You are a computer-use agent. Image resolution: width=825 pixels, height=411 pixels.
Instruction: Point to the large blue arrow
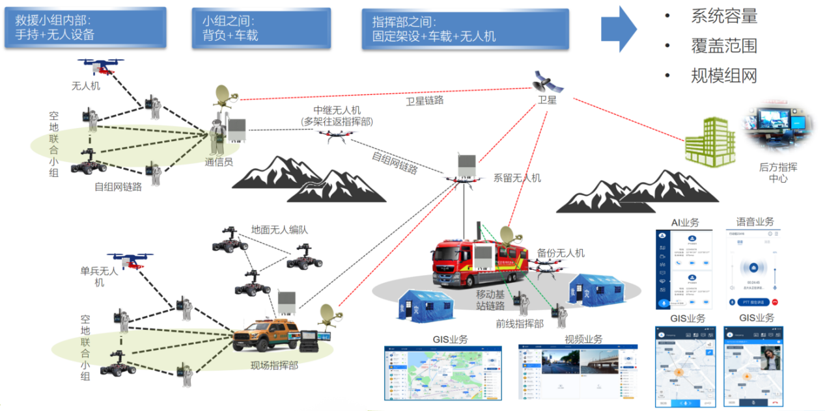pyautogui.click(x=619, y=29)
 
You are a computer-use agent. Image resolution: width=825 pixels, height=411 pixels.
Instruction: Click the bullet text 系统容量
pyautogui.click(x=724, y=16)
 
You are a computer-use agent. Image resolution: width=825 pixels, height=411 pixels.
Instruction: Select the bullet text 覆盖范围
pyautogui.click(x=724, y=46)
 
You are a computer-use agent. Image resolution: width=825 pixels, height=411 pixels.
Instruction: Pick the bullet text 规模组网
pyautogui.click(x=724, y=76)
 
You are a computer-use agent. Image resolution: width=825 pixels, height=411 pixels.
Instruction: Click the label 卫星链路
pyautogui.click(x=425, y=101)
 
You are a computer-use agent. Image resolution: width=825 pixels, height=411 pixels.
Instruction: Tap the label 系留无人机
pyautogui.click(x=517, y=178)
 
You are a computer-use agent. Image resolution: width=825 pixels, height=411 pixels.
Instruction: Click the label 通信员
pyautogui.click(x=219, y=162)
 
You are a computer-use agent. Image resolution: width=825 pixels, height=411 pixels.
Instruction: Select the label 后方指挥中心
pyautogui.click(x=777, y=172)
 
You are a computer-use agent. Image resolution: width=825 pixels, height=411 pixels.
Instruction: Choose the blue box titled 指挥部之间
pyautogui.click(x=465, y=29)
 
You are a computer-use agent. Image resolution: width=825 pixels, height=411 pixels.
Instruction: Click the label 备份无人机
pyautogui.click(x=561, y=253)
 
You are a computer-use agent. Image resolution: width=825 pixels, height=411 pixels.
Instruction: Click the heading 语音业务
pyautogui.click(x=755, y=222)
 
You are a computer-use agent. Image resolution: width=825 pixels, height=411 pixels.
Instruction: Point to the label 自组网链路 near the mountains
pyautogui.click(x=395, y=162)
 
